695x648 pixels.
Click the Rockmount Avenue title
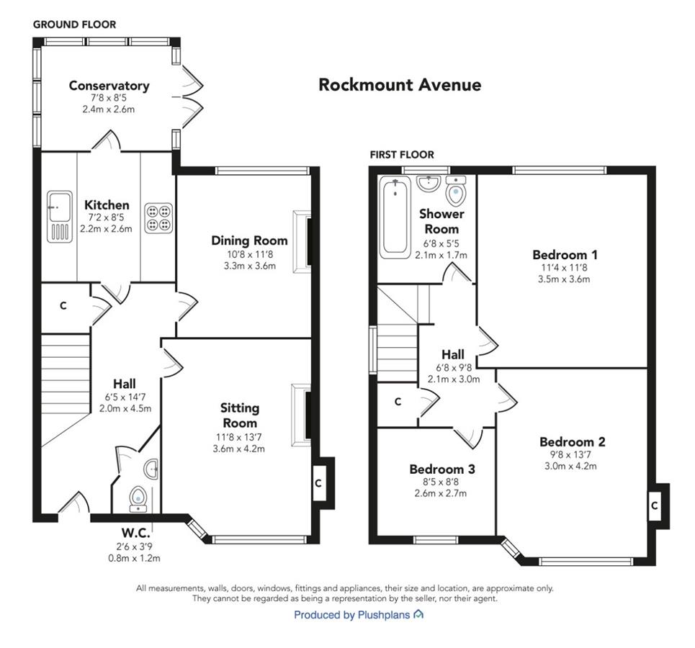[x=400, y=85]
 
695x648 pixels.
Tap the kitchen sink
[x=59, y=217]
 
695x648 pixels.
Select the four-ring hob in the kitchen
[x=158, y=218]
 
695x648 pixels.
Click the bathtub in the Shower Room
[x=395, y=217]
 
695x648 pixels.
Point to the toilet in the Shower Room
[x=455, y=191]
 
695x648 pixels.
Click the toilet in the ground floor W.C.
[x=138, y=499]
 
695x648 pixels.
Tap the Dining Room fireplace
[x=302, y=241]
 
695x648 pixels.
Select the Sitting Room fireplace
[x=301, y=415]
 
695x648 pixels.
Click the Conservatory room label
[x=109, y=86]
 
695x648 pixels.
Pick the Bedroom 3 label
[x=442, y=469]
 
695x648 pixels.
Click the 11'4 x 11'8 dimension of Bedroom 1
[x=564, y=268]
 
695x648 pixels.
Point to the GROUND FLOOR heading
[x=74, y=24]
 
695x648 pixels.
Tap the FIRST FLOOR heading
[x=402, y=155]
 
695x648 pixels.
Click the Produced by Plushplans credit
[x=359, y=615]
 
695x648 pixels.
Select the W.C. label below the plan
[x=135, y=532]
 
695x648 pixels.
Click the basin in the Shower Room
[x=429, y=184]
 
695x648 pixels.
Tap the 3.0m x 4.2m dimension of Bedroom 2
[x=570, y=467]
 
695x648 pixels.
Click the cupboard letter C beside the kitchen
[x=63, y=305]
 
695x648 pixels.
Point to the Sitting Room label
[x=240, y=415]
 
